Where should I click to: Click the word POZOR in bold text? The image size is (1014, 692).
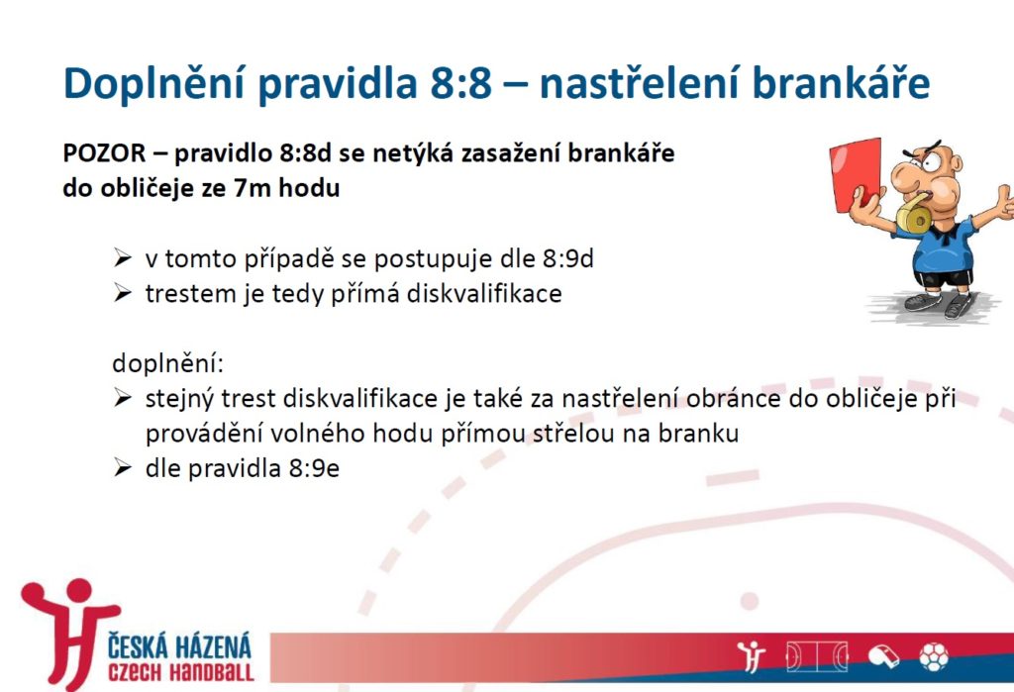[104, 153]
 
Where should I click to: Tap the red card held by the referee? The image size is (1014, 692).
[855, 174]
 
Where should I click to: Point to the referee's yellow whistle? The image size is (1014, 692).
[914, 214]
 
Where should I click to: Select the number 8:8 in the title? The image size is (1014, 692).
[460, 83]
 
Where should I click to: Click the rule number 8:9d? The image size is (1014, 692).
[567, 258]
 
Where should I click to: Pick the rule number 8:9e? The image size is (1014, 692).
[314, 468]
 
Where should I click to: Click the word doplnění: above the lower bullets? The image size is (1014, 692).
[167, 363]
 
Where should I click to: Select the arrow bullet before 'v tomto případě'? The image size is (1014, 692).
[122, 258]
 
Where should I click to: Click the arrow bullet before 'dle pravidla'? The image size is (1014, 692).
[122, 468]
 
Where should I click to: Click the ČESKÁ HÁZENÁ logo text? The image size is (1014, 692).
[179, 646]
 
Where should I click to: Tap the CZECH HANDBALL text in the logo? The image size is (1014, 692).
[181, 672]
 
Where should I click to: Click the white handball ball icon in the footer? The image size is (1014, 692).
[933, 657]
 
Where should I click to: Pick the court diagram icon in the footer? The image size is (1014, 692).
[817, 657]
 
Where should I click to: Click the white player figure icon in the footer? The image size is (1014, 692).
[751, 657]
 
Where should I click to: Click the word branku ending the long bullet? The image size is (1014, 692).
[698, 434]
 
